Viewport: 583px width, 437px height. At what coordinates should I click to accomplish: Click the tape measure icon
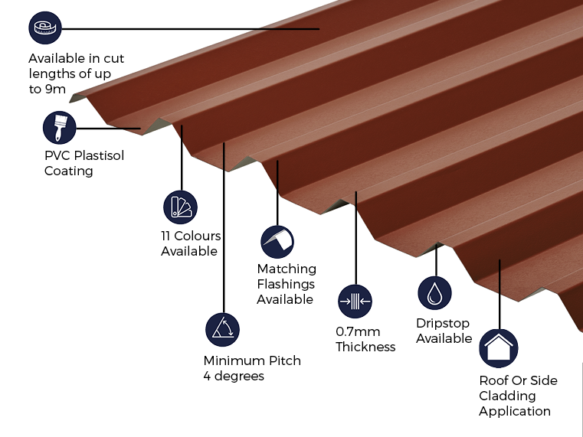click(x=45, y=28)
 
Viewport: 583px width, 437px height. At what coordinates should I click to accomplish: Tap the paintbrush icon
click(x=60, y=128)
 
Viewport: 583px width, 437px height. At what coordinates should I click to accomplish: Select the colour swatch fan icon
click(x=180, y=207)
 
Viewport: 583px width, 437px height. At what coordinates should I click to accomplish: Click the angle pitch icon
click(x=222, y=330)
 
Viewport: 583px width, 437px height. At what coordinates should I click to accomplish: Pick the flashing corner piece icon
click(x=277, y=242)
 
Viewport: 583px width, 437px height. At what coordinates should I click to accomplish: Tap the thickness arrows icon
click(x=355, y=301)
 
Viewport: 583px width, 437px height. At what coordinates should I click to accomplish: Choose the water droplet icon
click(x=434, y=293)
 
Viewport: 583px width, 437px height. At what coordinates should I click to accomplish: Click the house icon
click(x=499, y=348)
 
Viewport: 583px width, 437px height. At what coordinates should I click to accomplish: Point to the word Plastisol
click(x=100, y=155)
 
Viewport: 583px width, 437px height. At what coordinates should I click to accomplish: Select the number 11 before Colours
click(x=165, y=236)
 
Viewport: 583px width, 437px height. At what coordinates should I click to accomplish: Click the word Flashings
click(x=286, y=284)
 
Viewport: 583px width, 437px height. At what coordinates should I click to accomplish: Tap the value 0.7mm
click(x=358, y=331)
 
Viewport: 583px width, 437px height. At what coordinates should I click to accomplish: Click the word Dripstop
click(x=443, y=323)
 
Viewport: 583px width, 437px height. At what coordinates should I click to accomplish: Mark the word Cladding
click(x=507, y=396)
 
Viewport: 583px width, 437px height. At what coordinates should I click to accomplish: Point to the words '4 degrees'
click(x=234, y=376)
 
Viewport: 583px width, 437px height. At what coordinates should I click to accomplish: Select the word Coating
click(x=68, y=171)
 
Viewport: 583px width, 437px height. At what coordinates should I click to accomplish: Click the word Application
click(x=515, y=412)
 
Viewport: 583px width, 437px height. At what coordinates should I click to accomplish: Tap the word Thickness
click(x=365, y=347)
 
